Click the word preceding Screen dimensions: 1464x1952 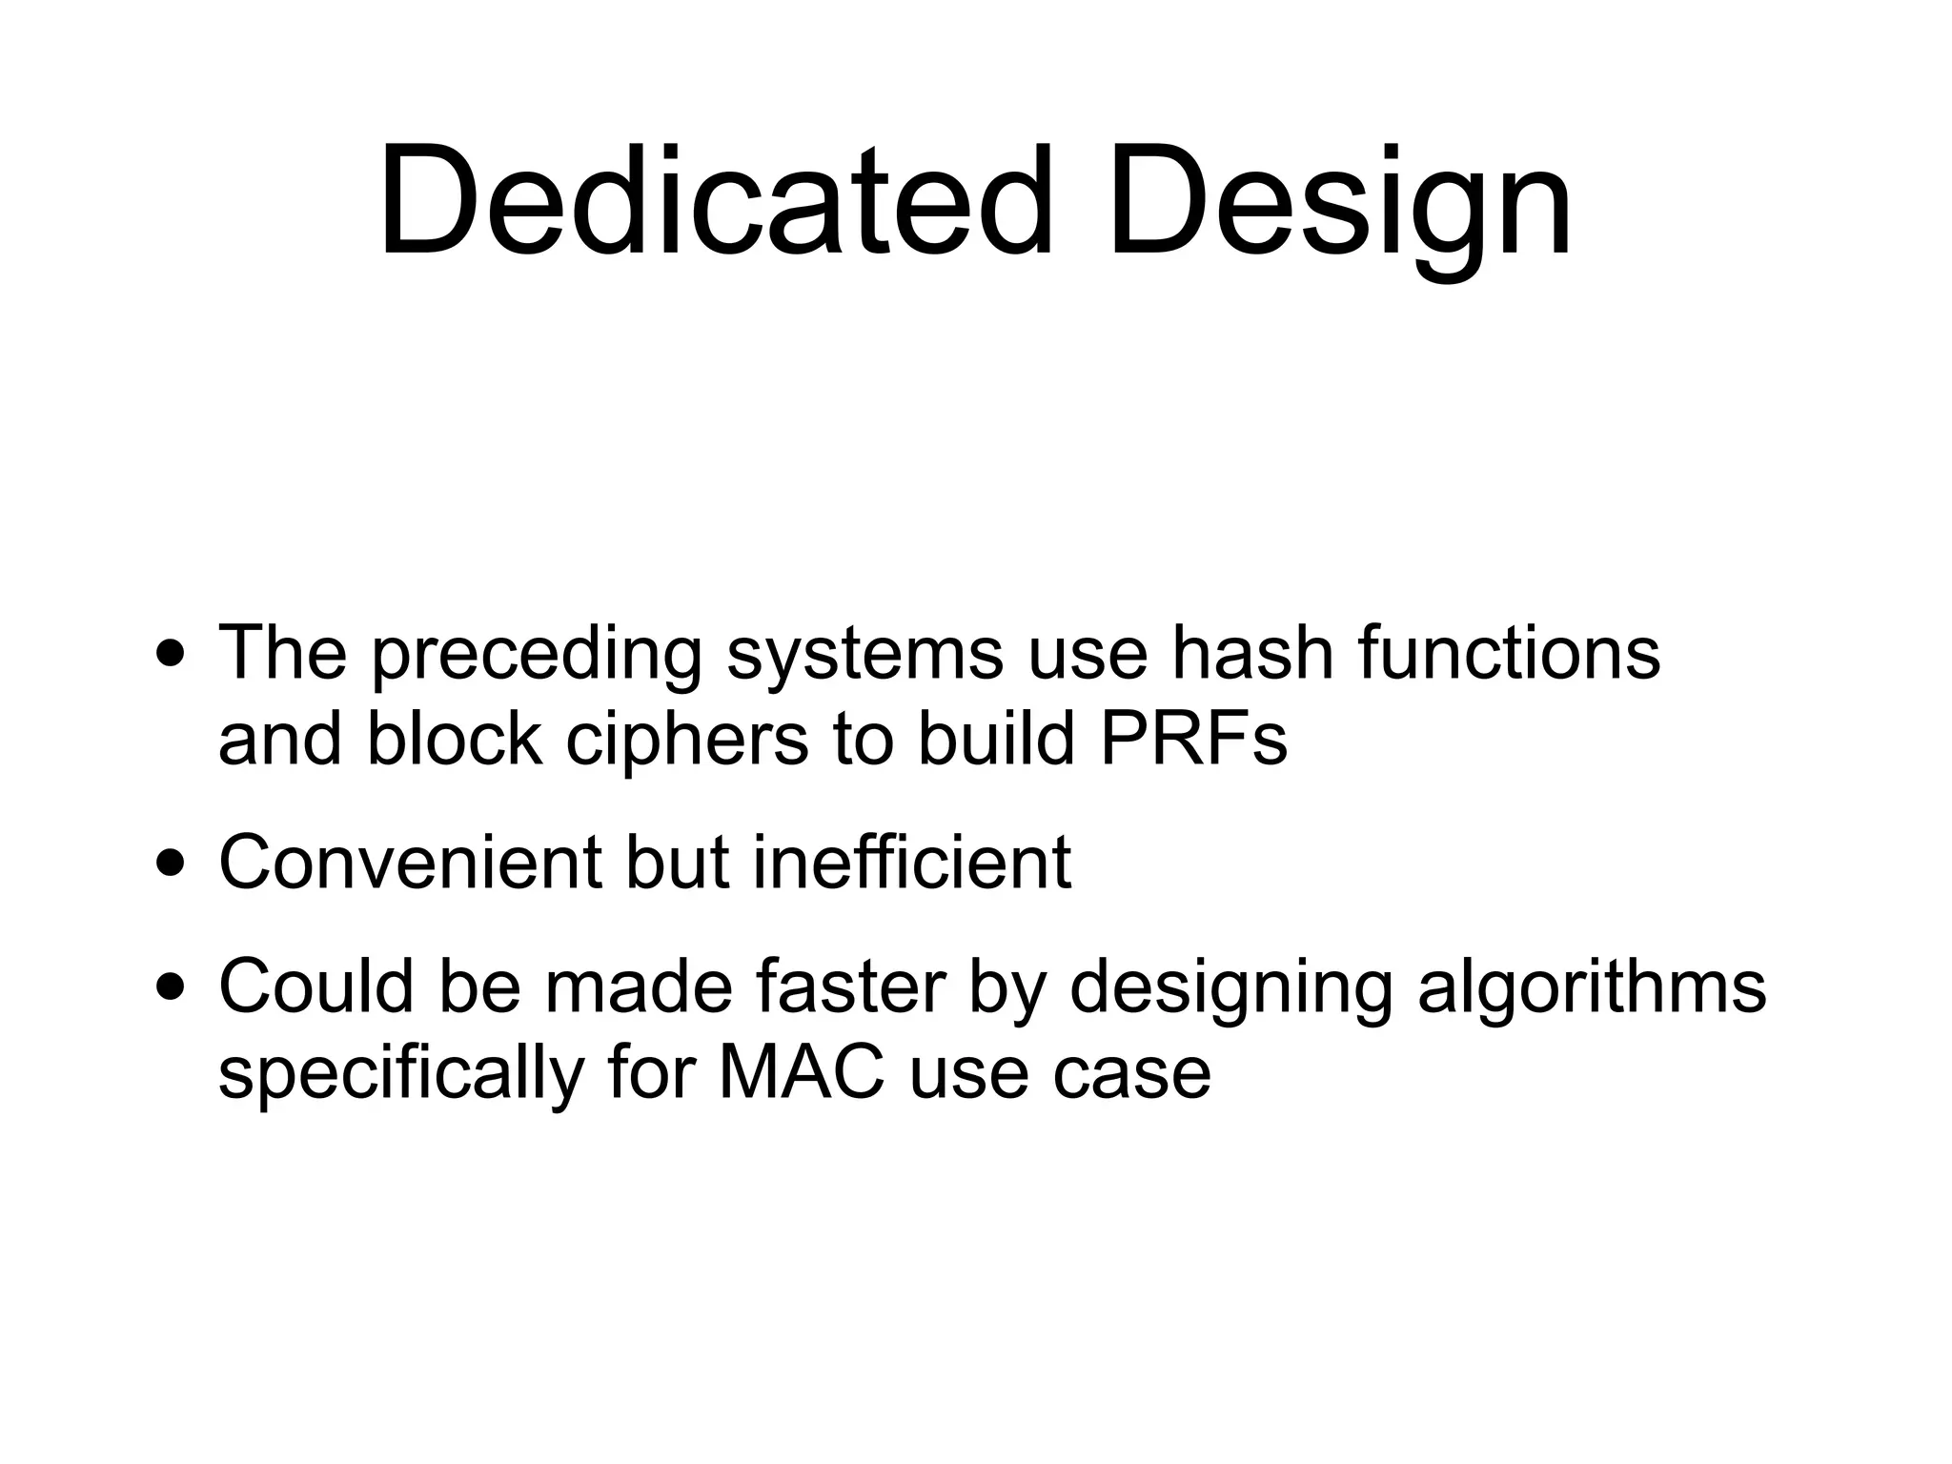(537, 656)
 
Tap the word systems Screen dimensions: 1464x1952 (864, 656)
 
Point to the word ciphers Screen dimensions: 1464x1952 (687, 742)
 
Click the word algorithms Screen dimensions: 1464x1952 (1592, 988)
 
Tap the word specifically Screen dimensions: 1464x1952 (401, 1075)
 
